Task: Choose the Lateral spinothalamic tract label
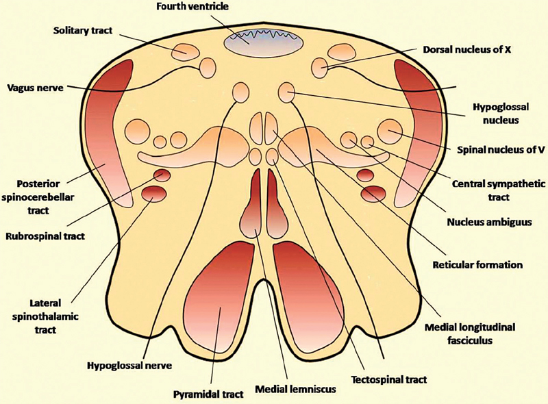43,316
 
